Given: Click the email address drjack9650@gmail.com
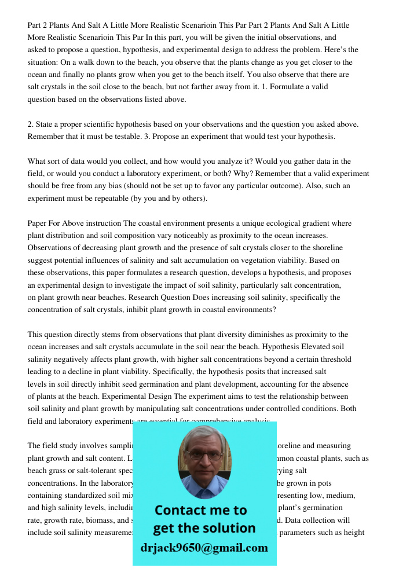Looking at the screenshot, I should [x=204, y=548].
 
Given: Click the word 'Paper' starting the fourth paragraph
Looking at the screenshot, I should [x=38, y=223].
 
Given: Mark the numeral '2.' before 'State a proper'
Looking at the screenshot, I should [x=31, y=124].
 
